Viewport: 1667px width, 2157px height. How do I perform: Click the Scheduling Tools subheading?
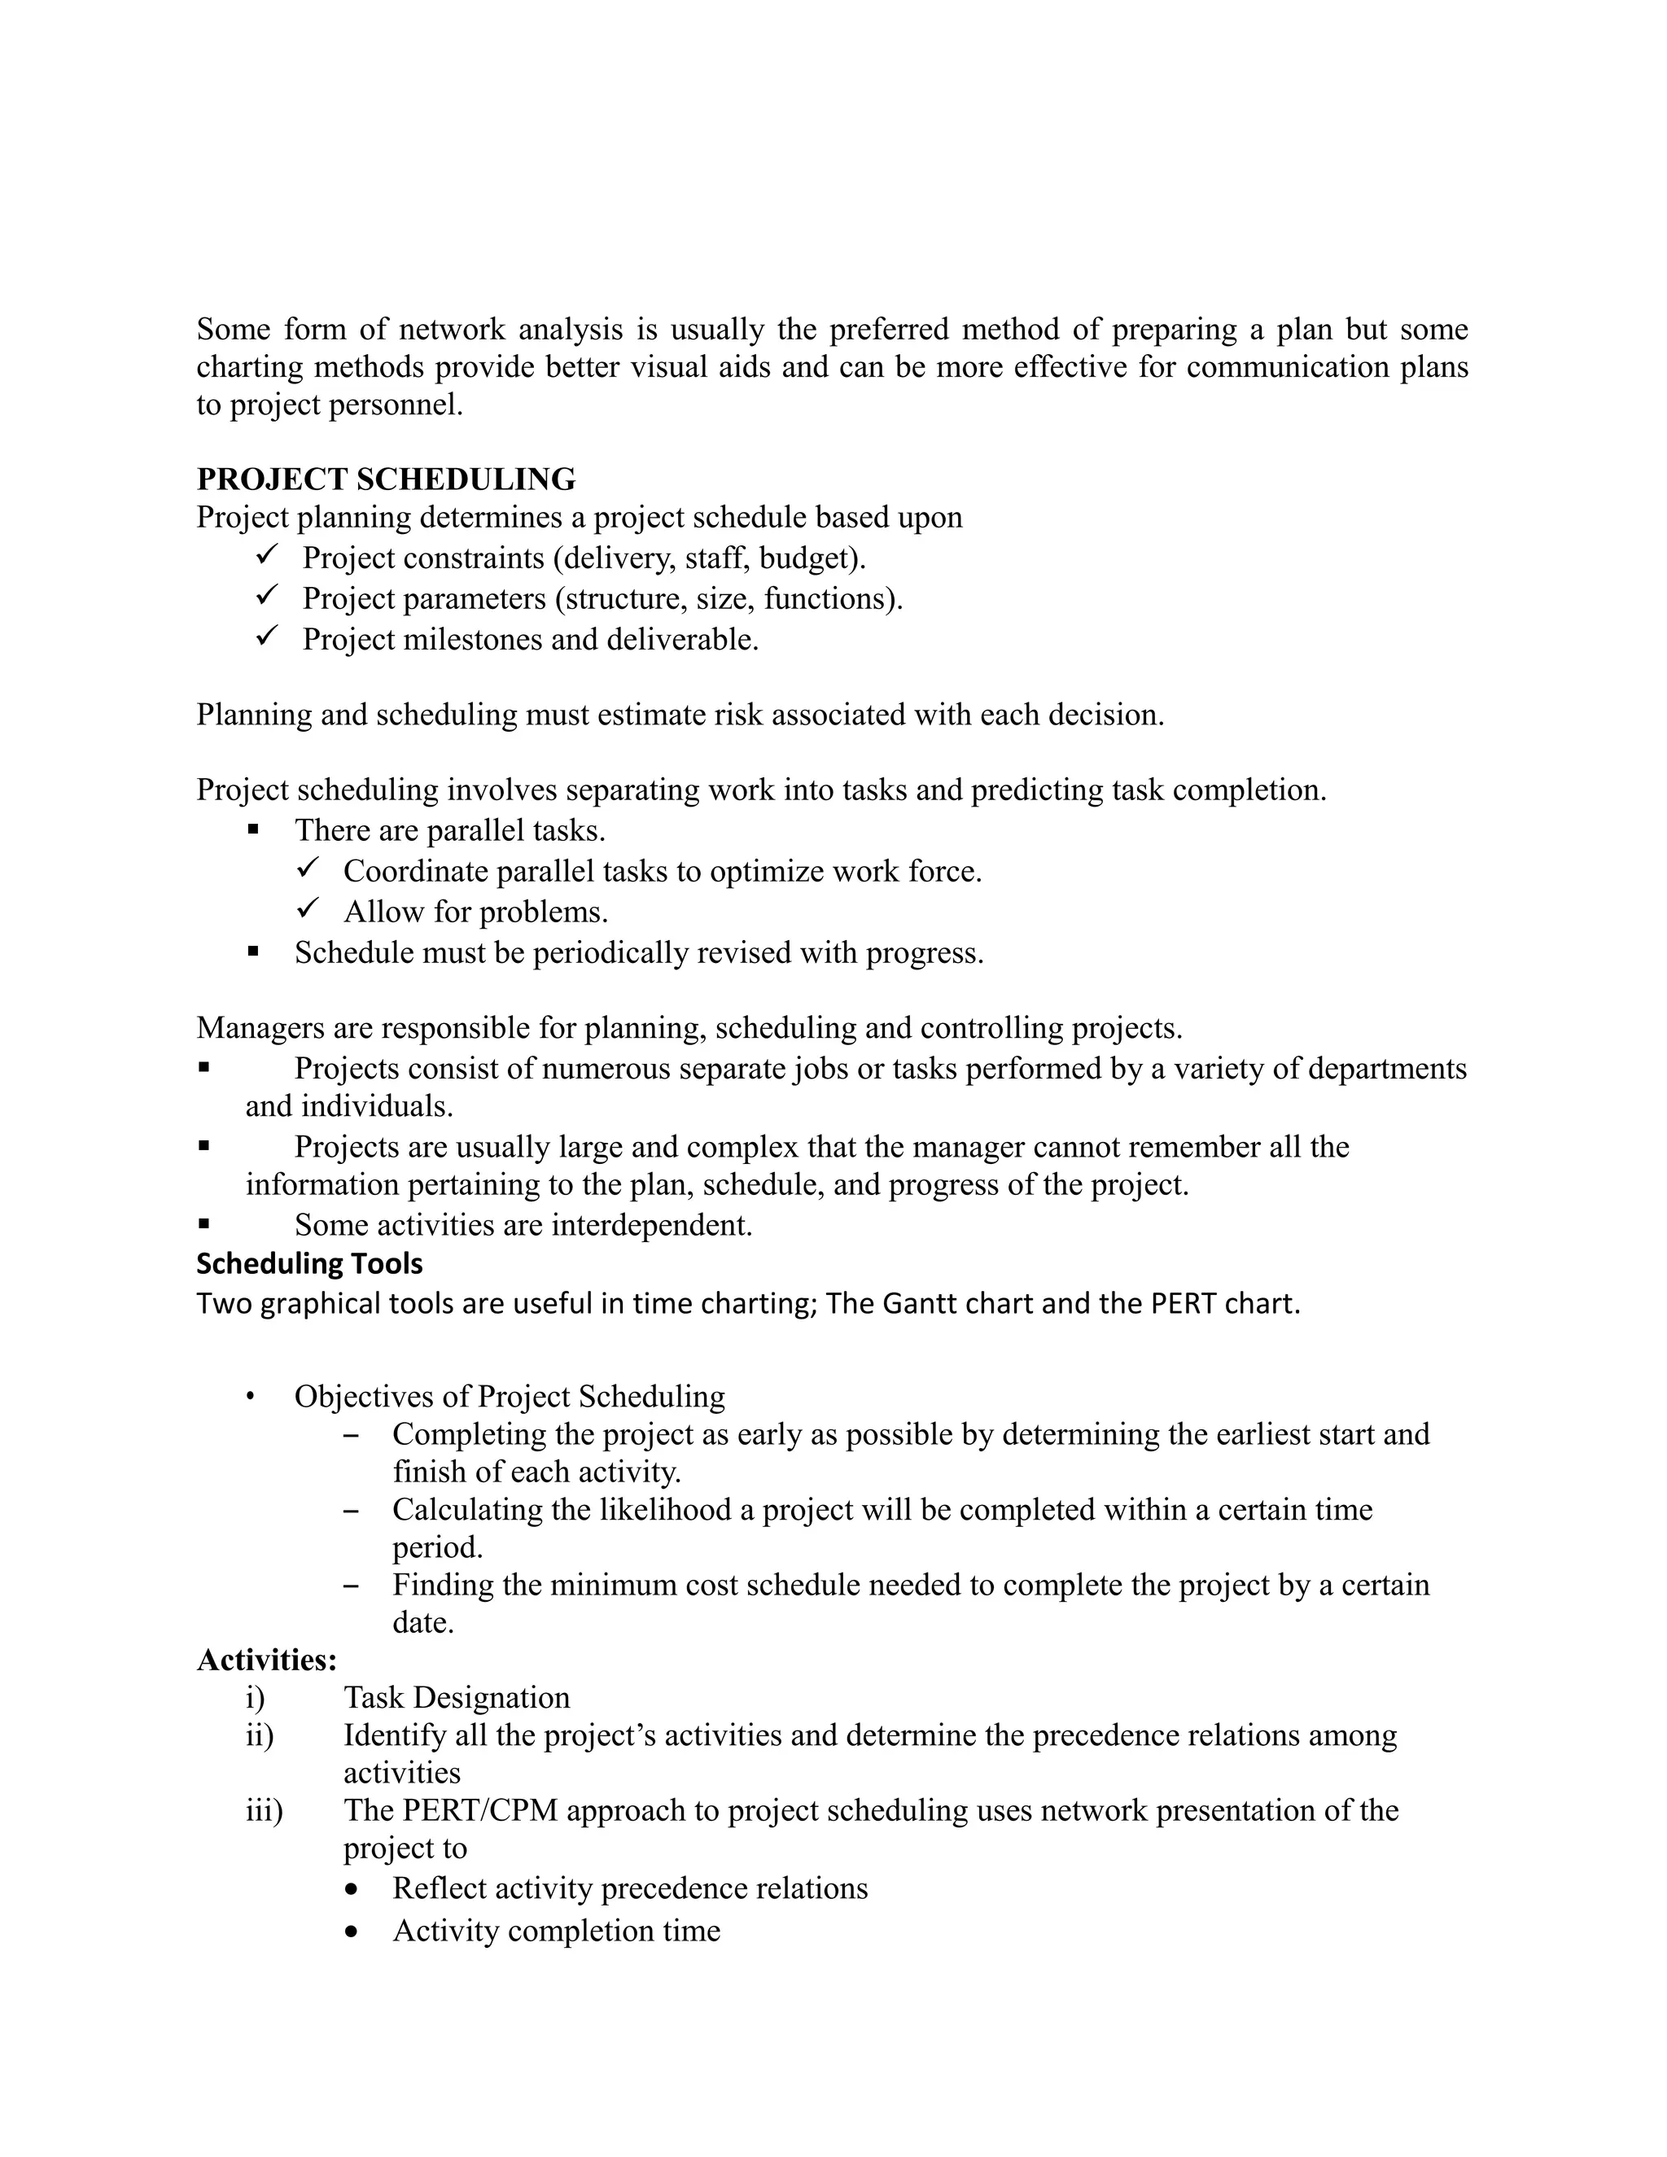click(x=309, y=1263)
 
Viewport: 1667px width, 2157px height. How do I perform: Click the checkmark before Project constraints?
click(x=268, y=556)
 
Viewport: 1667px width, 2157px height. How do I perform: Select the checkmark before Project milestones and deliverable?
click(x=268, y=637)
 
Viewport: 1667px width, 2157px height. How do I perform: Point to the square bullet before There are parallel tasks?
click(x=254, y=829)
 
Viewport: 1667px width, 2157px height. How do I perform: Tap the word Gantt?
click(x=918, y=1304)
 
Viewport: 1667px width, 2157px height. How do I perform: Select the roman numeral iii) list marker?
click(x=264, y=1810)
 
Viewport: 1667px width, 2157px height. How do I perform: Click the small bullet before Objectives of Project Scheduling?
click(x=252, y=1397)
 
